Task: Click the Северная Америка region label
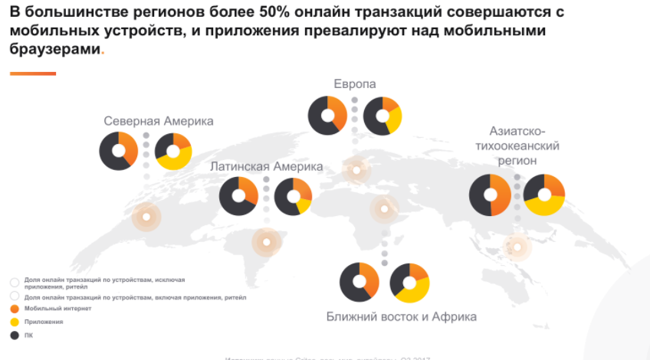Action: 159,121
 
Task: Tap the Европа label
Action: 355,83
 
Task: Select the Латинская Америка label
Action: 267,166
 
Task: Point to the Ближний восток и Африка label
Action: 402,316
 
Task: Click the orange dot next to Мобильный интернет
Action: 15,309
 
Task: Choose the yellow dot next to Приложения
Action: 15,322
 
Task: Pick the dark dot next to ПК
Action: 15,335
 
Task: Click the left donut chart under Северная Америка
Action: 118,151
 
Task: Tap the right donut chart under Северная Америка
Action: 173,151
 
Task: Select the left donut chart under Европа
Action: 327,116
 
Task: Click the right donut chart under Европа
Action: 382,116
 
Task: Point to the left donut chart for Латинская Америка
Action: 238,196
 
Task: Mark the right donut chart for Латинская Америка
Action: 293,196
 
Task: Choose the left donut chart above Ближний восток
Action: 359,282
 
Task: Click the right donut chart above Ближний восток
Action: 409,283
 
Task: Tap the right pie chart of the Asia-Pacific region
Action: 544,195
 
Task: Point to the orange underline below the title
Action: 33,74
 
